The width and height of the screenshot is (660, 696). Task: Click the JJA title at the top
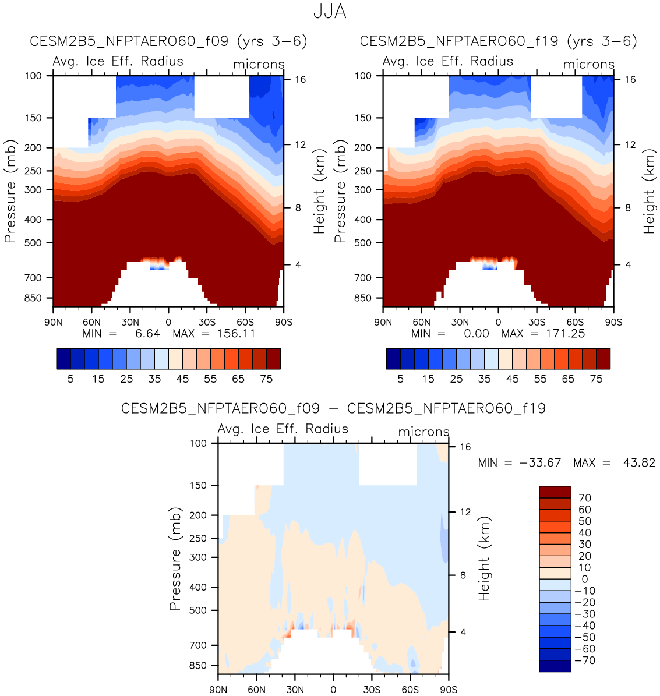point(330,12)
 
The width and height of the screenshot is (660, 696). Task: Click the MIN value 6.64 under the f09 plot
point(147,334)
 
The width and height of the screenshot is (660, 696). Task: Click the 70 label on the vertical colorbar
point(584,498)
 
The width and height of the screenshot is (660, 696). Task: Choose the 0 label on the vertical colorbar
point(584,580)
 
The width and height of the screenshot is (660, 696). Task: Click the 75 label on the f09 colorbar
point(266,379)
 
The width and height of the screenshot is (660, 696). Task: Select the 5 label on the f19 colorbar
point(400,379)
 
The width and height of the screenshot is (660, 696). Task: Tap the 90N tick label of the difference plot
point(218,690)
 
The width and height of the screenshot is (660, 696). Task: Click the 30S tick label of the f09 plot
point(207,323)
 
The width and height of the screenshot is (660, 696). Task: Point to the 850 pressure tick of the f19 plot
point(363,298)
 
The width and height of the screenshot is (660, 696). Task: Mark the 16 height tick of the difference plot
point(465,447)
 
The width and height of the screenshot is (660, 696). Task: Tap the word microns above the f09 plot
point(259,65)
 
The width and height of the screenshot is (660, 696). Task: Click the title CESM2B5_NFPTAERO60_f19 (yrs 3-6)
point(499,41)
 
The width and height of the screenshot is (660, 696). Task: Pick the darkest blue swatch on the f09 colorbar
point(63,359)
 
